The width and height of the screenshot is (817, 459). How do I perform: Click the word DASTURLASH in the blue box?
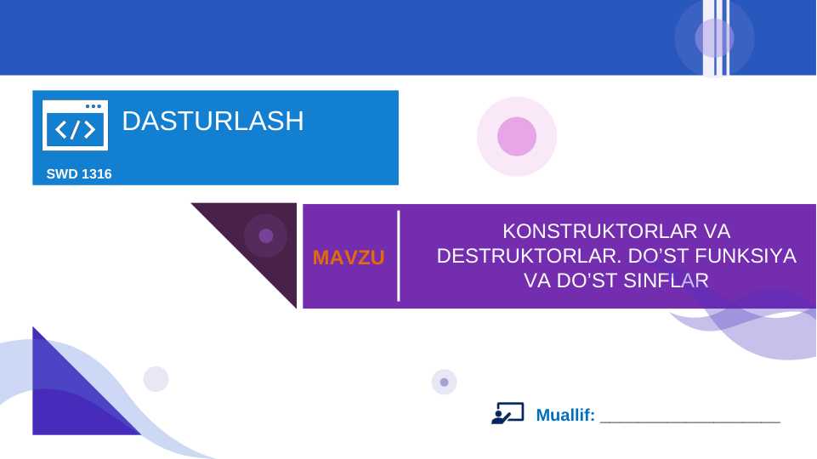(x=213, y=122)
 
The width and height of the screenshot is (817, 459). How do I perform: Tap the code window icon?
(x=75, y=126)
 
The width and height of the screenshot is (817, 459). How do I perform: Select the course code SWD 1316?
(x=79, y=174)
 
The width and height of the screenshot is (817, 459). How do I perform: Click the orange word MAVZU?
(x=349, y=258)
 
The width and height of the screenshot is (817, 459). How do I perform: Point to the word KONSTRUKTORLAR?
(x=594, y=231)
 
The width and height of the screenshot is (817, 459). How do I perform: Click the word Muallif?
(x=565, y=416)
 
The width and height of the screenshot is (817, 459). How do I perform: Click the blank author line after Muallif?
(x=689, y=420)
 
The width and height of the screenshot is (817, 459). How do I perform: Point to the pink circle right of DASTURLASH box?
(x=517, y=136)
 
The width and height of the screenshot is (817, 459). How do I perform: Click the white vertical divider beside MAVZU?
(x=399, y=255)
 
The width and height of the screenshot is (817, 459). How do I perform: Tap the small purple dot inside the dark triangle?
(x=266, y=235)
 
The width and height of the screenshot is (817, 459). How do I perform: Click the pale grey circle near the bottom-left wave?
(x=156, y=379)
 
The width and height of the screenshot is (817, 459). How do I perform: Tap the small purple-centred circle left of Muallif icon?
(x=444, y=382)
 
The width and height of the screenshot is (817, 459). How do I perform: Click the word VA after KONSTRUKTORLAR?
(x=719, y=231)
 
